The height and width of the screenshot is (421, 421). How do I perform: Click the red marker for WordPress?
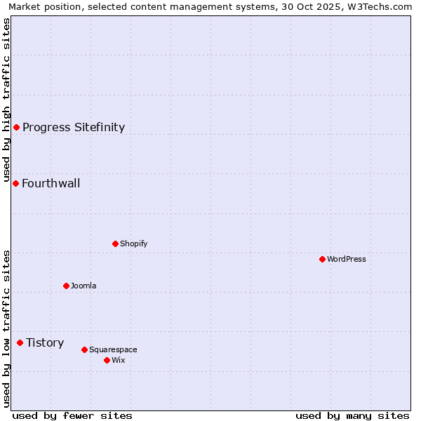pyautogui.click(x=322, y=259)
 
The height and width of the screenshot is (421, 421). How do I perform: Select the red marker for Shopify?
pyautogui.click(x=115, y=243)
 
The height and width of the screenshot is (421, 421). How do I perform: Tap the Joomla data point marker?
pyautogui.click(x=66, y=286)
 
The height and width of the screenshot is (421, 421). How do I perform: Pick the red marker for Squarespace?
pyautogui.click(x=84, y=349)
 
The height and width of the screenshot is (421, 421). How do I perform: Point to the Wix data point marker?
pyautogui.click(x=107, y=360)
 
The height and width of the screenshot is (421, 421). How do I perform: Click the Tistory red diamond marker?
pyautogui.click(x=20, y=342)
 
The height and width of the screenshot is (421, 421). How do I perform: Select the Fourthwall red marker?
pyautogui.click(x=15, y=183)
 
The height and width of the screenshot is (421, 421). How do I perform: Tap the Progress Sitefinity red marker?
pyautogui.click(x=16, y=127)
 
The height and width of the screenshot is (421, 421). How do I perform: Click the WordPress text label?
pyautogui.click(x=347, y=259)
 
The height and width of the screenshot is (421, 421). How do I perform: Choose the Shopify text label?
pyautogui.click(x=134, y=243)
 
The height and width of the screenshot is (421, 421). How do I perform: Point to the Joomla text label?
pyautogui.click(x=83, y=286)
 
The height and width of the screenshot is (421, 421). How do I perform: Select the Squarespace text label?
pyautogui.click(x=113, y=349)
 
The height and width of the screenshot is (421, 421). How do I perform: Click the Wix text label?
pyautogui.click(x=119, y=360)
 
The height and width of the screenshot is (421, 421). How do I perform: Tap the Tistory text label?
pyautogui.click(x=45, y=342)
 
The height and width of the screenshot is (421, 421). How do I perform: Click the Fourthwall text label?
pyautogui.click(x=51, y=183)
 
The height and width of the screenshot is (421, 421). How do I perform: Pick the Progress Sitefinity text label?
pyautogui.click(x=74, y=127)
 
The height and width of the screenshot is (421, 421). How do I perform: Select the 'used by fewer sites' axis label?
pyautogui.click(x=72, y=415)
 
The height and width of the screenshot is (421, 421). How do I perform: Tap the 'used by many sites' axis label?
pyautogui.click(x=352, y=415)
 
